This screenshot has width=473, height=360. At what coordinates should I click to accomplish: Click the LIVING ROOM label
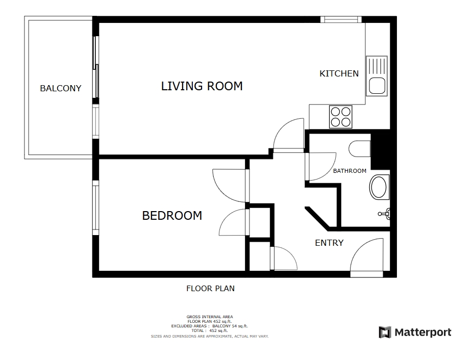coord(202,86)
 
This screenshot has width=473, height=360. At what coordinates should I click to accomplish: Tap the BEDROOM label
coord(172,216)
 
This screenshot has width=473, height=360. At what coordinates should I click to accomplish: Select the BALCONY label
coord(61,88)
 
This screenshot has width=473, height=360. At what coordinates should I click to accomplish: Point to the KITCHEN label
coord(339,73)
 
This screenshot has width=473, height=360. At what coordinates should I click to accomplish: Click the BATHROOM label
coord(350,171)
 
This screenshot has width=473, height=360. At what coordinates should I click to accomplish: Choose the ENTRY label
coord(329,243)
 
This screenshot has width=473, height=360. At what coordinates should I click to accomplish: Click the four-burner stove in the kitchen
coord(340,117)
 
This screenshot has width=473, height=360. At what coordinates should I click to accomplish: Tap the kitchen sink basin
coord(377,85)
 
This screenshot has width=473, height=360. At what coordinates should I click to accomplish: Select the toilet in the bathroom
coord(360,149)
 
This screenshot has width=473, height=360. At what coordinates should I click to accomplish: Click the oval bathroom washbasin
coord(379,187)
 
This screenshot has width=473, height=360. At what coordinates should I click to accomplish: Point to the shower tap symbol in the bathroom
coord(384,214)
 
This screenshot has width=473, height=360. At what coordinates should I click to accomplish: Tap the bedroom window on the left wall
coord(95,208)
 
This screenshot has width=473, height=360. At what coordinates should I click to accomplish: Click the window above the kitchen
coord(341,19)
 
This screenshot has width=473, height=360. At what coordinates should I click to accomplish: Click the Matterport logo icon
coord(385,332)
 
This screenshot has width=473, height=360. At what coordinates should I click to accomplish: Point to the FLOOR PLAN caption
coord(210,289)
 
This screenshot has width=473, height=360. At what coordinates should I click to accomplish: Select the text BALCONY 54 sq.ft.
coord(230,326)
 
